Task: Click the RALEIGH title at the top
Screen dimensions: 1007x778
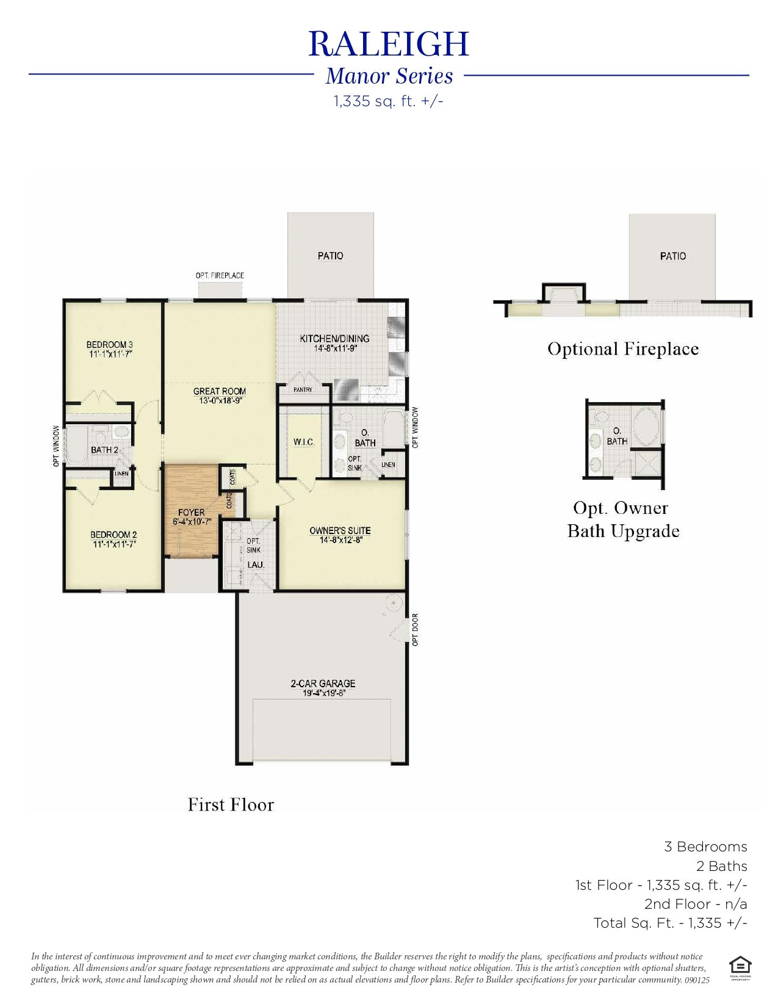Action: [389, 44]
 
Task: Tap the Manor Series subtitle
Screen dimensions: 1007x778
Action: [389, 76]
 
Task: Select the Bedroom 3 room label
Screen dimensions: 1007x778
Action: [110, 345]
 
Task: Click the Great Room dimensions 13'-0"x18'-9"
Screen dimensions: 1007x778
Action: [220, 401]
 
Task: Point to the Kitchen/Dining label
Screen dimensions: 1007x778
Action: [334, 338]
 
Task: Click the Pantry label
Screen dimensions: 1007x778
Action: [303, 389]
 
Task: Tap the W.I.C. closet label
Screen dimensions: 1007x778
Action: [304, 442]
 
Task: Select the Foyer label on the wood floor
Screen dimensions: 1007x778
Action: [191, 512]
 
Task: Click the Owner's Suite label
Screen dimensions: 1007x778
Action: [340, 530]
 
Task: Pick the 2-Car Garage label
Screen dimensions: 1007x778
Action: [323, 684]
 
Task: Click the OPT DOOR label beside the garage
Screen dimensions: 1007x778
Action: [416, 629]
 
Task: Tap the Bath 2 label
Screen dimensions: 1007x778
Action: [104, 450]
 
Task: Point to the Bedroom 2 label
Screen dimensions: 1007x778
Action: [113, 535]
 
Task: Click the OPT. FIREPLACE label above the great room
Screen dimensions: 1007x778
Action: [220, 276]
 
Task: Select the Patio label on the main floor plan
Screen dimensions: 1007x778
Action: [330, 256]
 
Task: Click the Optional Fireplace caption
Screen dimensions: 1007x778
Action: [623, 349]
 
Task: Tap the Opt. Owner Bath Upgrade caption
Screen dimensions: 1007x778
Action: [623, 519]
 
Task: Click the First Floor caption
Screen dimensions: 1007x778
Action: [231, 804]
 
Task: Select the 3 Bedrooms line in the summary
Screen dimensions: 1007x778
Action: [705, 846]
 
